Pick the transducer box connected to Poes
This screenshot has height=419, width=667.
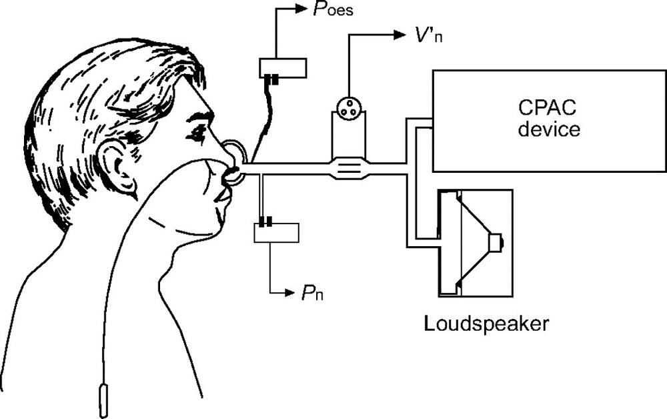pyautogui.click(x=283, y=67)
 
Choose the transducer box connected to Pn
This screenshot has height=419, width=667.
pyautogui.click(x=276, y=232)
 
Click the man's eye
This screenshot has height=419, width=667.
pyautogui.click(x=198, y=132)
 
